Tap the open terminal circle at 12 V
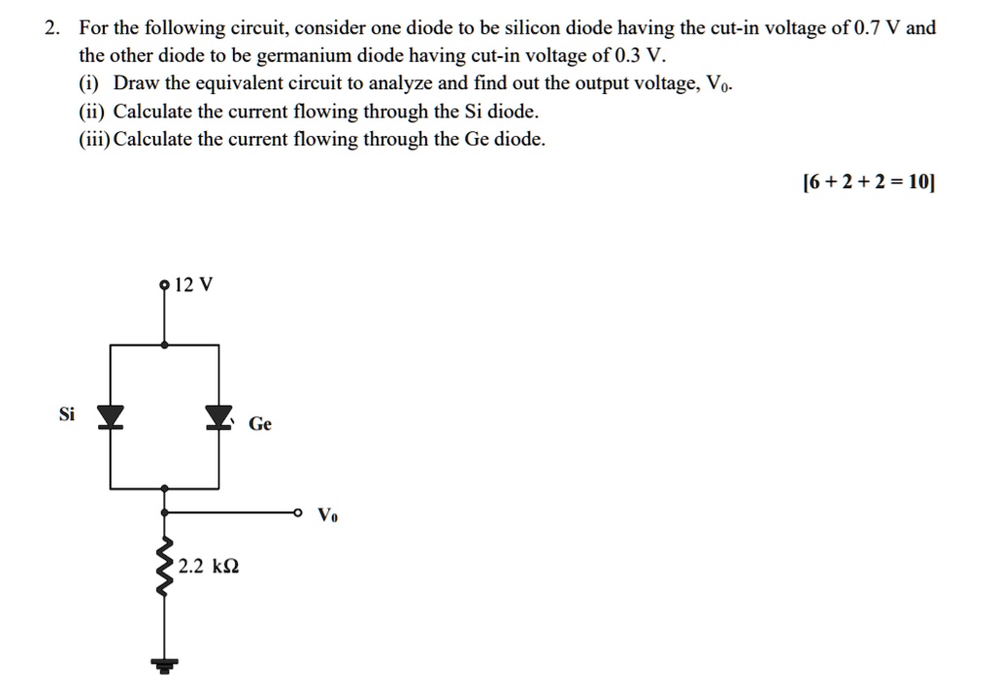(x=164, y=284)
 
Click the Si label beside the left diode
(x=66, y=414)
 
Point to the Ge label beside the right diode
(x=260, y=424)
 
